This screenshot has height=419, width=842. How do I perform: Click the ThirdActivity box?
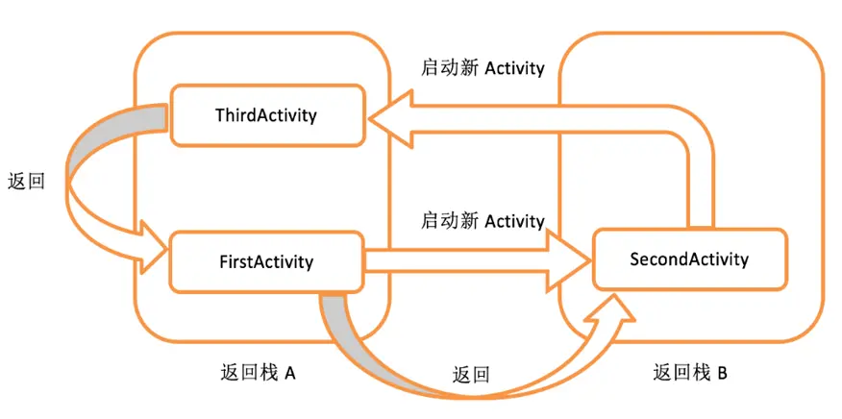(266, 115)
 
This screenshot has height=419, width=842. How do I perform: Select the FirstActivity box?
(266, 260)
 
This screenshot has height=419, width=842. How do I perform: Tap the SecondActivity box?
(688, 259)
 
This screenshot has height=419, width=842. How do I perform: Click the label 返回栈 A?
(258, 373)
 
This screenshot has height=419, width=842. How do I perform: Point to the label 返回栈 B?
(689, 373)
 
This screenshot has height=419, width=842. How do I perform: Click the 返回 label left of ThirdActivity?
(25, 182)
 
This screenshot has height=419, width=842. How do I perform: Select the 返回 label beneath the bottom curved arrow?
(471, 374)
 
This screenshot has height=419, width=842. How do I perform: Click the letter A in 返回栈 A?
(287, 373)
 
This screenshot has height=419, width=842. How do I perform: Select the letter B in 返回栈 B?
(721, 373)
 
